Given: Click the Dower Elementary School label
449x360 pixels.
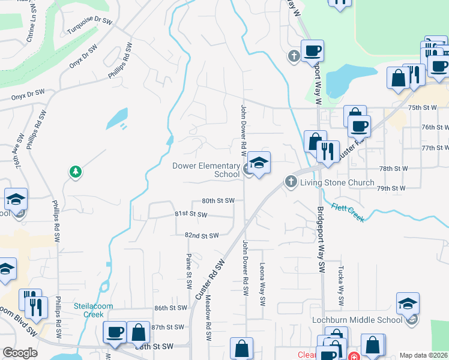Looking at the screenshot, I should point(206,170).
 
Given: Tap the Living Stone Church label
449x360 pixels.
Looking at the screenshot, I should point(336,182).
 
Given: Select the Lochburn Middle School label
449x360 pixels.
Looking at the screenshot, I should point(357,320).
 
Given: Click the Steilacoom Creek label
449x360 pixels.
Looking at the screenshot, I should point(93,310).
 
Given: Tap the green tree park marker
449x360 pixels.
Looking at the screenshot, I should point(76,173).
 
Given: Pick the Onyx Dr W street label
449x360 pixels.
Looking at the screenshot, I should point(28,93).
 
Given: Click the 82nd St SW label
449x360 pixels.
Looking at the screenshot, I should point(201,236).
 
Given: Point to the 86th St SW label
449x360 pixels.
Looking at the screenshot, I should point(170,308).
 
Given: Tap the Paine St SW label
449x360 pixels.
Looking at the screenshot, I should point(188,265).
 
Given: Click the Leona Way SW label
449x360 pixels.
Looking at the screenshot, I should point(262,284).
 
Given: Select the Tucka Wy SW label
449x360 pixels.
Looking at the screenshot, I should point(340,280).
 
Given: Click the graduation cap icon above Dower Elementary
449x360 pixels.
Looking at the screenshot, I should point(259,163).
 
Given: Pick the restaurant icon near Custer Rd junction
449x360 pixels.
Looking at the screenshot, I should point(328,151).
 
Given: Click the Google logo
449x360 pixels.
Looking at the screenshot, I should point(20,353).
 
